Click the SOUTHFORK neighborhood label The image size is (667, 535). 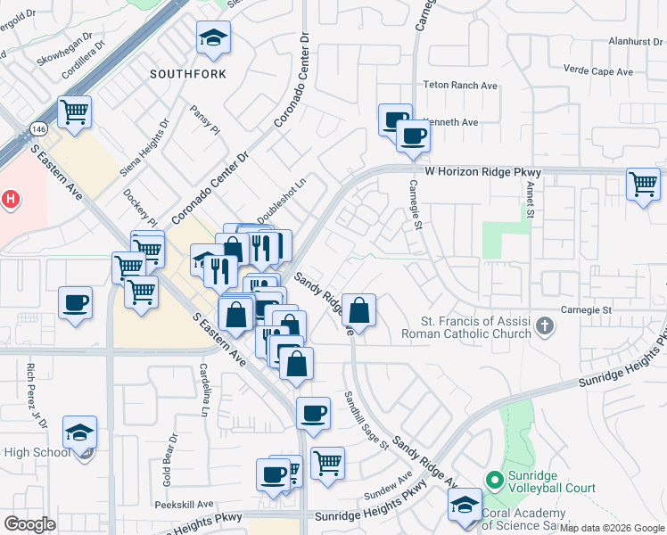(x=188, y=73)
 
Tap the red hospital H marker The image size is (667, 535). (x=10, y=199)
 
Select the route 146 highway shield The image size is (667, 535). (x=38, y=128)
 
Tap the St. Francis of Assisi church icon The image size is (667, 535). (x=546, y=328)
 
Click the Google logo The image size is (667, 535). (x=30, y=524)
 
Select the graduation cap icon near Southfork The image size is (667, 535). (x=213, y=38)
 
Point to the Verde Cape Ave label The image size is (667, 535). (x=598, y=71)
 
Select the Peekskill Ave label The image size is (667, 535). (x=184, y=504)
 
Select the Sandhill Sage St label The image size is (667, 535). (x=367, y=419)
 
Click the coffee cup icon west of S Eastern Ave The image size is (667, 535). (x=76, y=301)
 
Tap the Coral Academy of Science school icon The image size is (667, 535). (x=465, y=506)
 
